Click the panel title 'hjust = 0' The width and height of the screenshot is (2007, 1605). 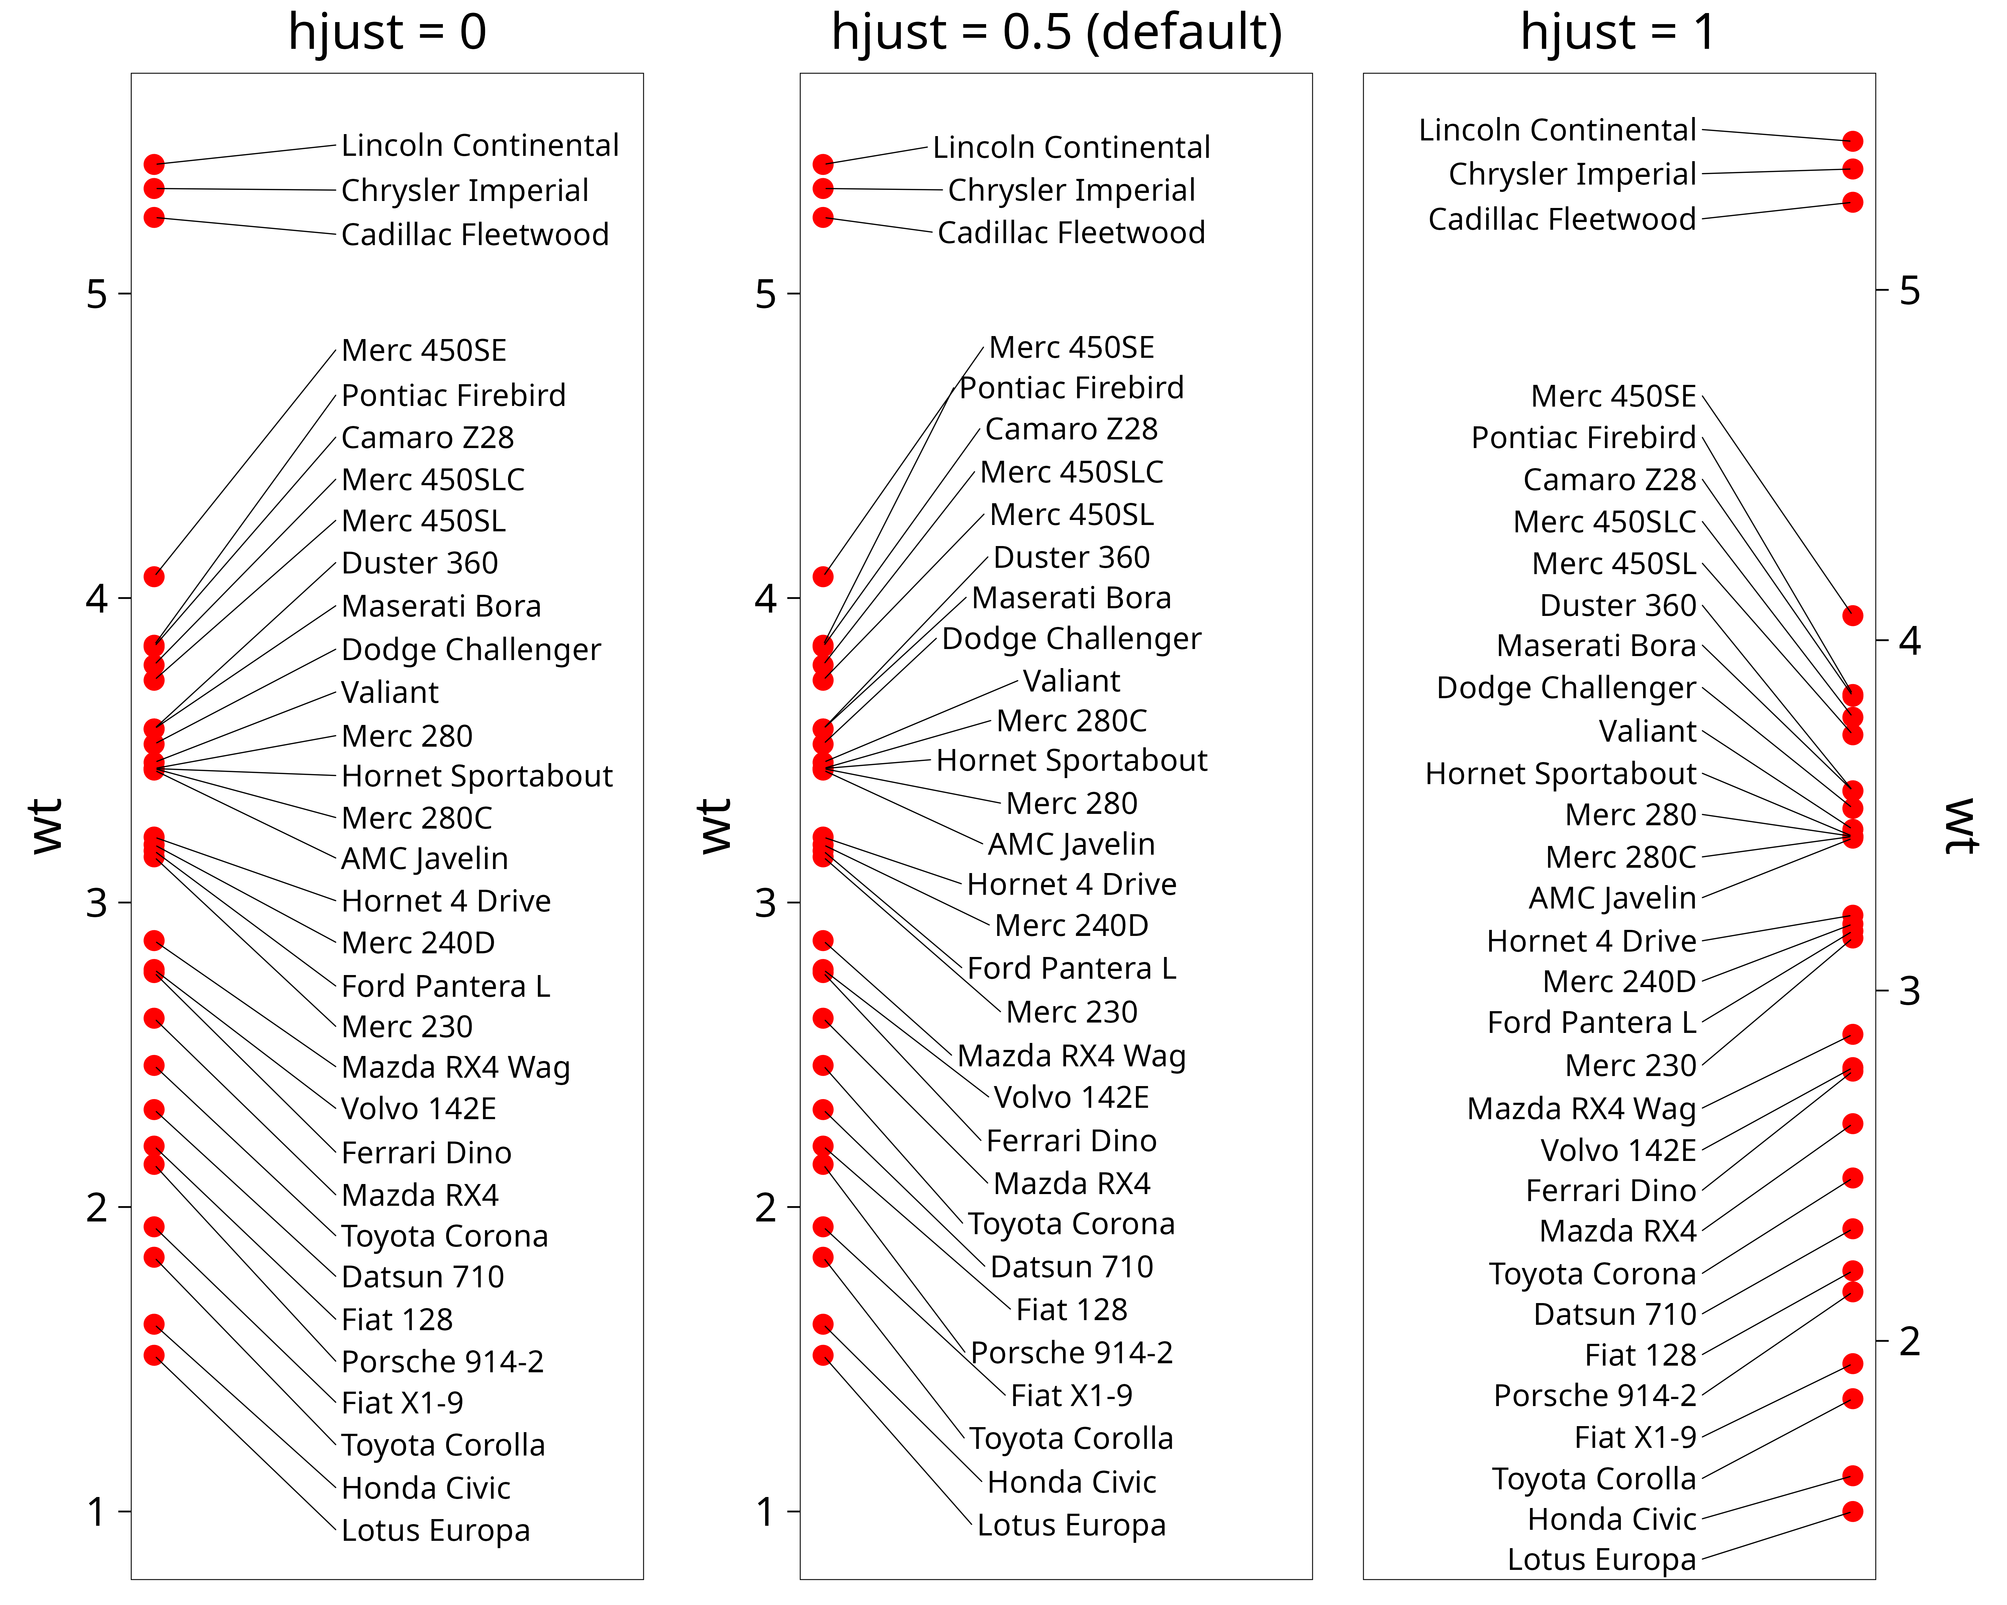click(x=387, y=32)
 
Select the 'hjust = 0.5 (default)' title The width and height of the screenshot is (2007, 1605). click(x=1057, y=32)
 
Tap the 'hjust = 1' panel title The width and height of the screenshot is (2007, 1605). click(x=1618, y=32)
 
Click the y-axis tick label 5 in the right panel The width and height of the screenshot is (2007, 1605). click(x=1909, y=291)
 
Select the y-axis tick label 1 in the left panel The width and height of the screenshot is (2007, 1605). click(x=97, y=1512)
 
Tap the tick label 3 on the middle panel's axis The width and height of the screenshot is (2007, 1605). click(x=765, y=902)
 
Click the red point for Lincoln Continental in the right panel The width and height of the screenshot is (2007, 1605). click(x=1852, y=141)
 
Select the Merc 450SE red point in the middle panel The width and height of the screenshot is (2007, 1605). click(x=823, y=577)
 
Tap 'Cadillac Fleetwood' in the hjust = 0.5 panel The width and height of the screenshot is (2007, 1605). click(x=1071, y=233)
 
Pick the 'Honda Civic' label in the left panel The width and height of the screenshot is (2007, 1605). click(x=425, y=1488)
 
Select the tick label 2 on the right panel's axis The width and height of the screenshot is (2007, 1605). click(x=1909, y=1342)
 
